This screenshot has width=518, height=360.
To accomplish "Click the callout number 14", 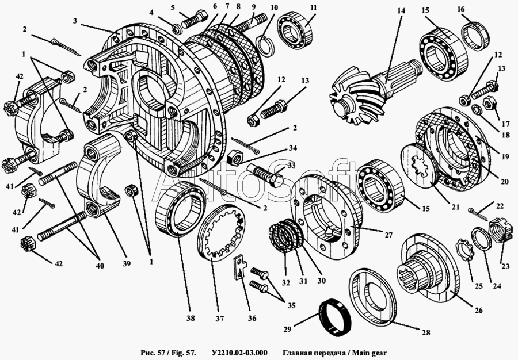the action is coord(401,11).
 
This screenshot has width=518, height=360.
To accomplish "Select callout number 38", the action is coord(191,318).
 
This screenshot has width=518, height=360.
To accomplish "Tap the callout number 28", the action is coord(426,332).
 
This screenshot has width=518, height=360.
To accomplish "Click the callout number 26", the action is coord(479,310).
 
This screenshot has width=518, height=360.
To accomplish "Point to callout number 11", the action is coord(314,7).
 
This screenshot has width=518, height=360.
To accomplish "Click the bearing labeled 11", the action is coord(295,28).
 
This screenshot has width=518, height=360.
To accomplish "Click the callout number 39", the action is coord(126,263).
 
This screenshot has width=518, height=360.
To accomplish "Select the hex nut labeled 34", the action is coord(236,155).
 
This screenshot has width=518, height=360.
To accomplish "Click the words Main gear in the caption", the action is coord(367,353).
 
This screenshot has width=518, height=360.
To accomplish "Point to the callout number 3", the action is coord(75,21).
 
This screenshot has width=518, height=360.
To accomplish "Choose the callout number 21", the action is coord(456,207).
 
